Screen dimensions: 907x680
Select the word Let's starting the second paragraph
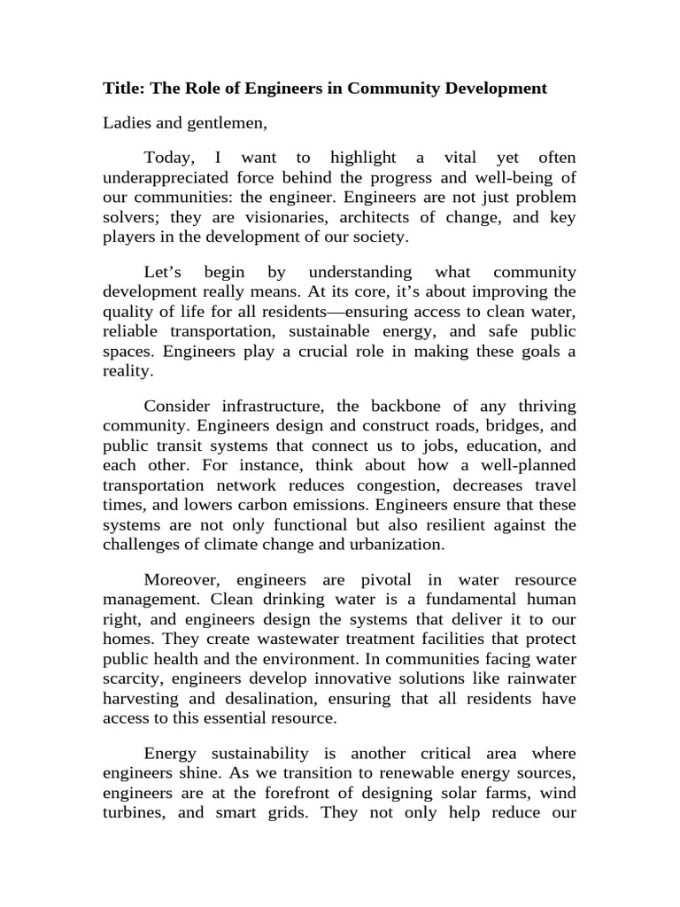[x=166, y=272]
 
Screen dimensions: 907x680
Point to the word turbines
[x=132, y=812]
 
